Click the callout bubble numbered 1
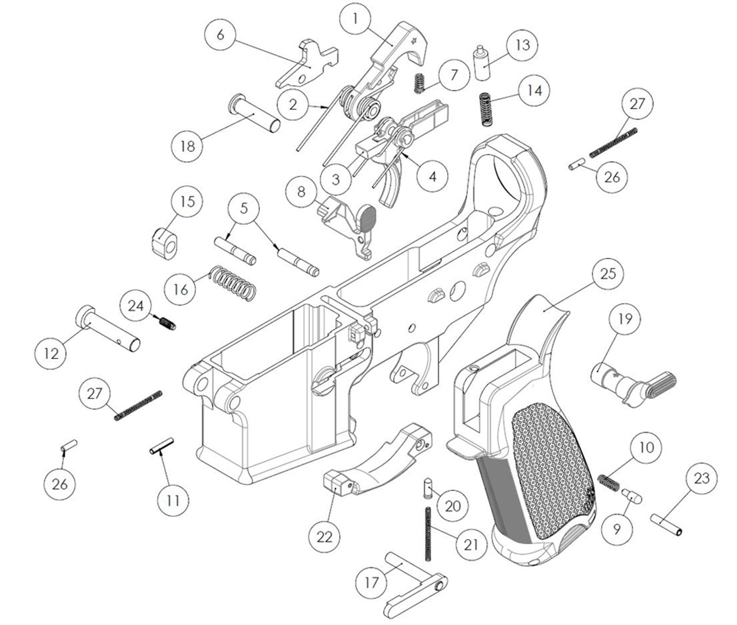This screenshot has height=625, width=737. tap(355, 19)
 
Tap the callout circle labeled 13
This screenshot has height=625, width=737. tap(522, 45)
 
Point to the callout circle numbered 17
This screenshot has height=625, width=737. tap(372, 582)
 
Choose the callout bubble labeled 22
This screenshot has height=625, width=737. tap(325, 536)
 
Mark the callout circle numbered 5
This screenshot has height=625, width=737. tap(244, 208)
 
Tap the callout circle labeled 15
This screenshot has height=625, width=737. tap(188, 202)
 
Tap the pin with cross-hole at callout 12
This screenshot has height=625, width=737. tap(109, 327)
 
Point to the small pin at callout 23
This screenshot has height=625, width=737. tap(667, 525)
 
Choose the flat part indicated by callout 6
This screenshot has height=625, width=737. tap(306, 64)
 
